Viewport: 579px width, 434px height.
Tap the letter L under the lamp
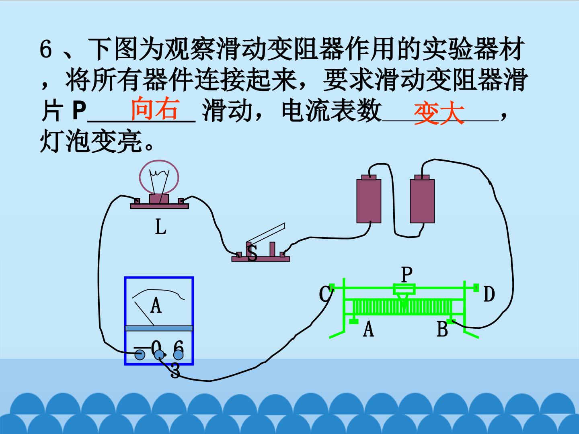(x=161, y=227)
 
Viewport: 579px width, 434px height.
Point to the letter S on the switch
(x=252, y=253)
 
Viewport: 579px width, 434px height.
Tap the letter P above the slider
(x=407, y=274)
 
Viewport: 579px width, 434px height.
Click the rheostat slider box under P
(x=404, y=289)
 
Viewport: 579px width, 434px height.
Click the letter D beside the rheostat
(x=489, y=294)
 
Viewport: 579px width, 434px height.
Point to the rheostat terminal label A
(x=368, y=330)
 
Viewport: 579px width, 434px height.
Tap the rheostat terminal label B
(x=442, y=329)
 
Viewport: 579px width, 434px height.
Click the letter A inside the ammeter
(x=156, y=305)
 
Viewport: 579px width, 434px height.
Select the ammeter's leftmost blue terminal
(x=140, y=355)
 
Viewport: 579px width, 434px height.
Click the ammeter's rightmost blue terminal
(x=178, y=355)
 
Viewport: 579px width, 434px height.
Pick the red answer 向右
(x=155, y=108)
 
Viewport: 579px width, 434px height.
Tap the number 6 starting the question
(x=45, y=49)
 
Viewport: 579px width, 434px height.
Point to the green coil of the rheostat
(x=402, y=307)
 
